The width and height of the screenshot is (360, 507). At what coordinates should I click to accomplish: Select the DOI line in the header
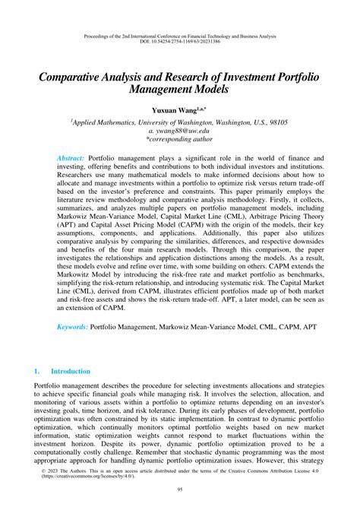[x=179, y=43]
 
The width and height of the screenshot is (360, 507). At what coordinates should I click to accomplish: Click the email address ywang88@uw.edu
[x=180, y=130]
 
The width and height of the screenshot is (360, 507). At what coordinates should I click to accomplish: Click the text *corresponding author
[x=180, y=140]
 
